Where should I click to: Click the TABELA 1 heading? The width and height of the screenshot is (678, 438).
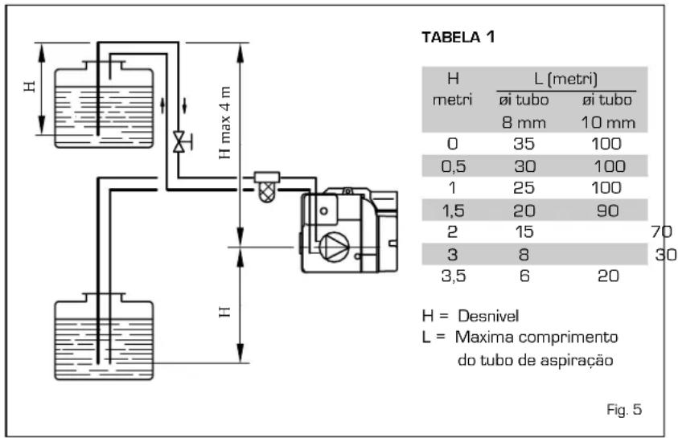[x=458, y=37]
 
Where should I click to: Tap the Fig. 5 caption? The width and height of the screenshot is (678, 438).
[x=624, y=410]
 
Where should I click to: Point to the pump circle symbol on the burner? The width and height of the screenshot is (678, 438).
[x=334, y=247]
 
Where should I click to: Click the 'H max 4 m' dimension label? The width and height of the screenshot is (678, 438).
[x=225, y=123]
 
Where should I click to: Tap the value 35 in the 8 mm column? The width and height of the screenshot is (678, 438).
[x=524, y=144]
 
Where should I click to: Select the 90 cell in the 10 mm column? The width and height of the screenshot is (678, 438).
[x=607, y=211]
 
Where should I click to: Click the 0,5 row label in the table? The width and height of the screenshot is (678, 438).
[x=453, y=166]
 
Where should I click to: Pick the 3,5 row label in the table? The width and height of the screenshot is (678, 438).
[x=454, y=276]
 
